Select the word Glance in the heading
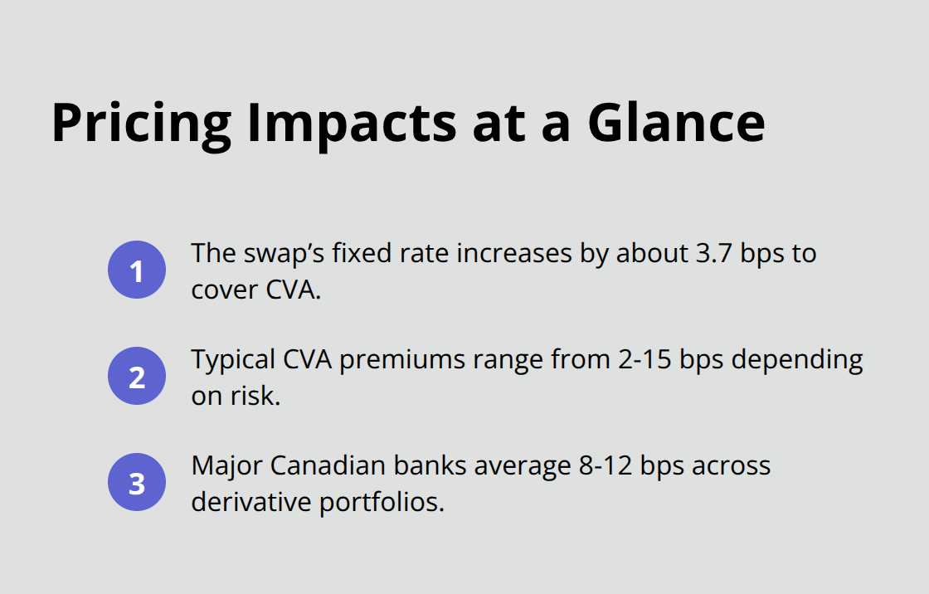point(677,123)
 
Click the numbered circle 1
point(137,270)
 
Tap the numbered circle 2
point(137,376)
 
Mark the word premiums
point(397,360)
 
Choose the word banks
point(436,466)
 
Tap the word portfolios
point(382,502)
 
